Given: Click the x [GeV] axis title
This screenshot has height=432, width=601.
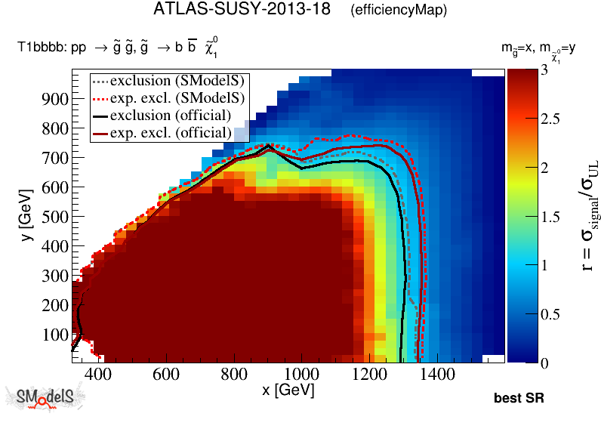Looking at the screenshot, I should tap(288, 390).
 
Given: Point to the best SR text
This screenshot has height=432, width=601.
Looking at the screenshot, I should tap(519, 398).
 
